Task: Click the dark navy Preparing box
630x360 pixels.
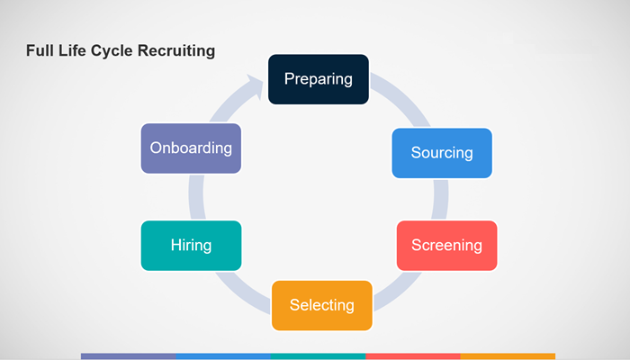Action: [319, 79]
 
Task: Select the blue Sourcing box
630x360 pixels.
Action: [442, 153]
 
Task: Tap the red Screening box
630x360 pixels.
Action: [446, 246]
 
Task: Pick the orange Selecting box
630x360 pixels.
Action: [322, 305]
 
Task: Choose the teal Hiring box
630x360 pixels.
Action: [191, 246]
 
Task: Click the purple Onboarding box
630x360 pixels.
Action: [191, 148]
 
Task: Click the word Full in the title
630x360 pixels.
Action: [40, 50]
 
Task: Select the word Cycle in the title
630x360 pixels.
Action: [112, 51]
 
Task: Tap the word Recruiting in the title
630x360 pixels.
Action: [176, 51]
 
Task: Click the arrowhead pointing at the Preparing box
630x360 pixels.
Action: [255, 85]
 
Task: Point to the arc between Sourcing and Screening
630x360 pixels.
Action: [441, 200]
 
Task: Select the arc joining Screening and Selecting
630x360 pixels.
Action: [398, 292]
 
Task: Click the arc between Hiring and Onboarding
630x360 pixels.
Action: [196, 197]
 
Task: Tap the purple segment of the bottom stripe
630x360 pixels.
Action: [128, 356]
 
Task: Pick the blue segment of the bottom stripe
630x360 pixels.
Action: [223, 356]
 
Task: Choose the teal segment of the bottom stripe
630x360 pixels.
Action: [319, 356]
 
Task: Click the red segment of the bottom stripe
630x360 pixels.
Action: [413, 356]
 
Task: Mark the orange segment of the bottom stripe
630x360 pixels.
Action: [508, 356]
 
